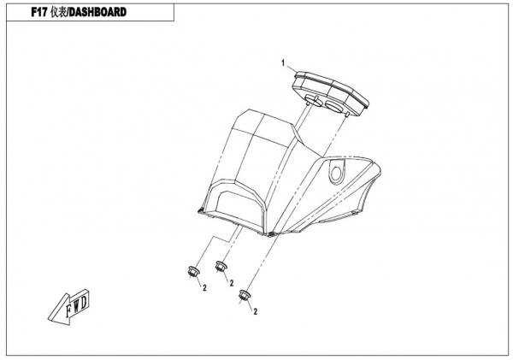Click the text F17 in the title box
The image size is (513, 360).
[39, 12]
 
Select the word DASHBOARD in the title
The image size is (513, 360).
[97, 12]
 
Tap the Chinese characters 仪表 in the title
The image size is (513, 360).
[59, 12]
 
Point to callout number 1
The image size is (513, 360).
[283, 62]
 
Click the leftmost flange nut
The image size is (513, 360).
[193, 271]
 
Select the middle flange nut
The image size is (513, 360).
[221, 266]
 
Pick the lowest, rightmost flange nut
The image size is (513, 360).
[245, 295]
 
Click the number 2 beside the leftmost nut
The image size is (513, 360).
[205, 287]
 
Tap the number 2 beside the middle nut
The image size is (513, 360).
[232, 283]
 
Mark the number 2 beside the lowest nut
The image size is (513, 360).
[256, 311]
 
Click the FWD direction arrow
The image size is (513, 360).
[69, 308]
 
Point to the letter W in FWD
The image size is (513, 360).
[77, 306]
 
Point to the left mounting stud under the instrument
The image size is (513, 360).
[308, 103]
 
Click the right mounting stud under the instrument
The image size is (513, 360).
[347, 114]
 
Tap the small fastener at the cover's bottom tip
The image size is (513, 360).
[270, 234]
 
